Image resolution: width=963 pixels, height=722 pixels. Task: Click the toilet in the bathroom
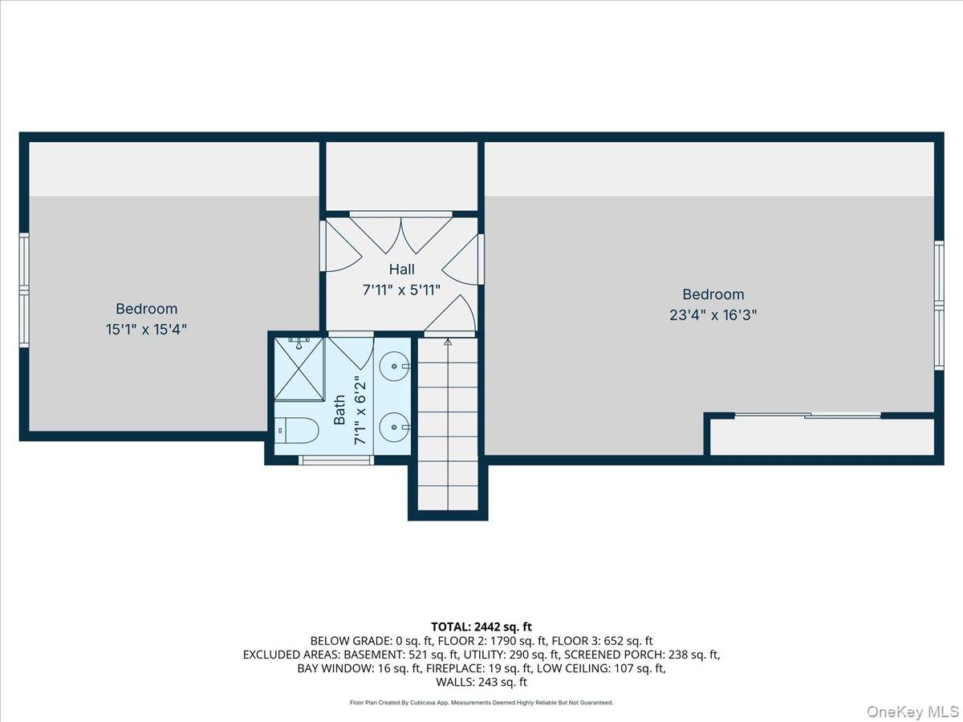point(297,431)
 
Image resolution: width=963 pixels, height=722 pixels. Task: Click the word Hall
point(401,270)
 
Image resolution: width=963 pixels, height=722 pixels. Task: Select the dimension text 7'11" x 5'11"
point(401,290)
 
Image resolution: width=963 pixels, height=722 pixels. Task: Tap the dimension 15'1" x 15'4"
point(147,329)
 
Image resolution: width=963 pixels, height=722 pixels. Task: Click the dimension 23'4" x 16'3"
point(713,315)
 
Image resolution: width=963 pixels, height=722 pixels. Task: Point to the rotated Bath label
point(339,409)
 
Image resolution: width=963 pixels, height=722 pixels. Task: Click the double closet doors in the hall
point(400,233)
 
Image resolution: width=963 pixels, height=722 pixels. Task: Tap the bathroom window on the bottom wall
point(336,460)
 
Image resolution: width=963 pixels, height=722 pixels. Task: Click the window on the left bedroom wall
point(24,290)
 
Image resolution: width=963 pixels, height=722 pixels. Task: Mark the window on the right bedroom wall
point(938,305)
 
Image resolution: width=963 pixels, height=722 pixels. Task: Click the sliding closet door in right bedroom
point(808,416)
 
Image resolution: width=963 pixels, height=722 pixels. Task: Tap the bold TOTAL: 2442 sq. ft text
point(481,627)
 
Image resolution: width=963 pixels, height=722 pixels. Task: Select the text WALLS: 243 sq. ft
point(481,682)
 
